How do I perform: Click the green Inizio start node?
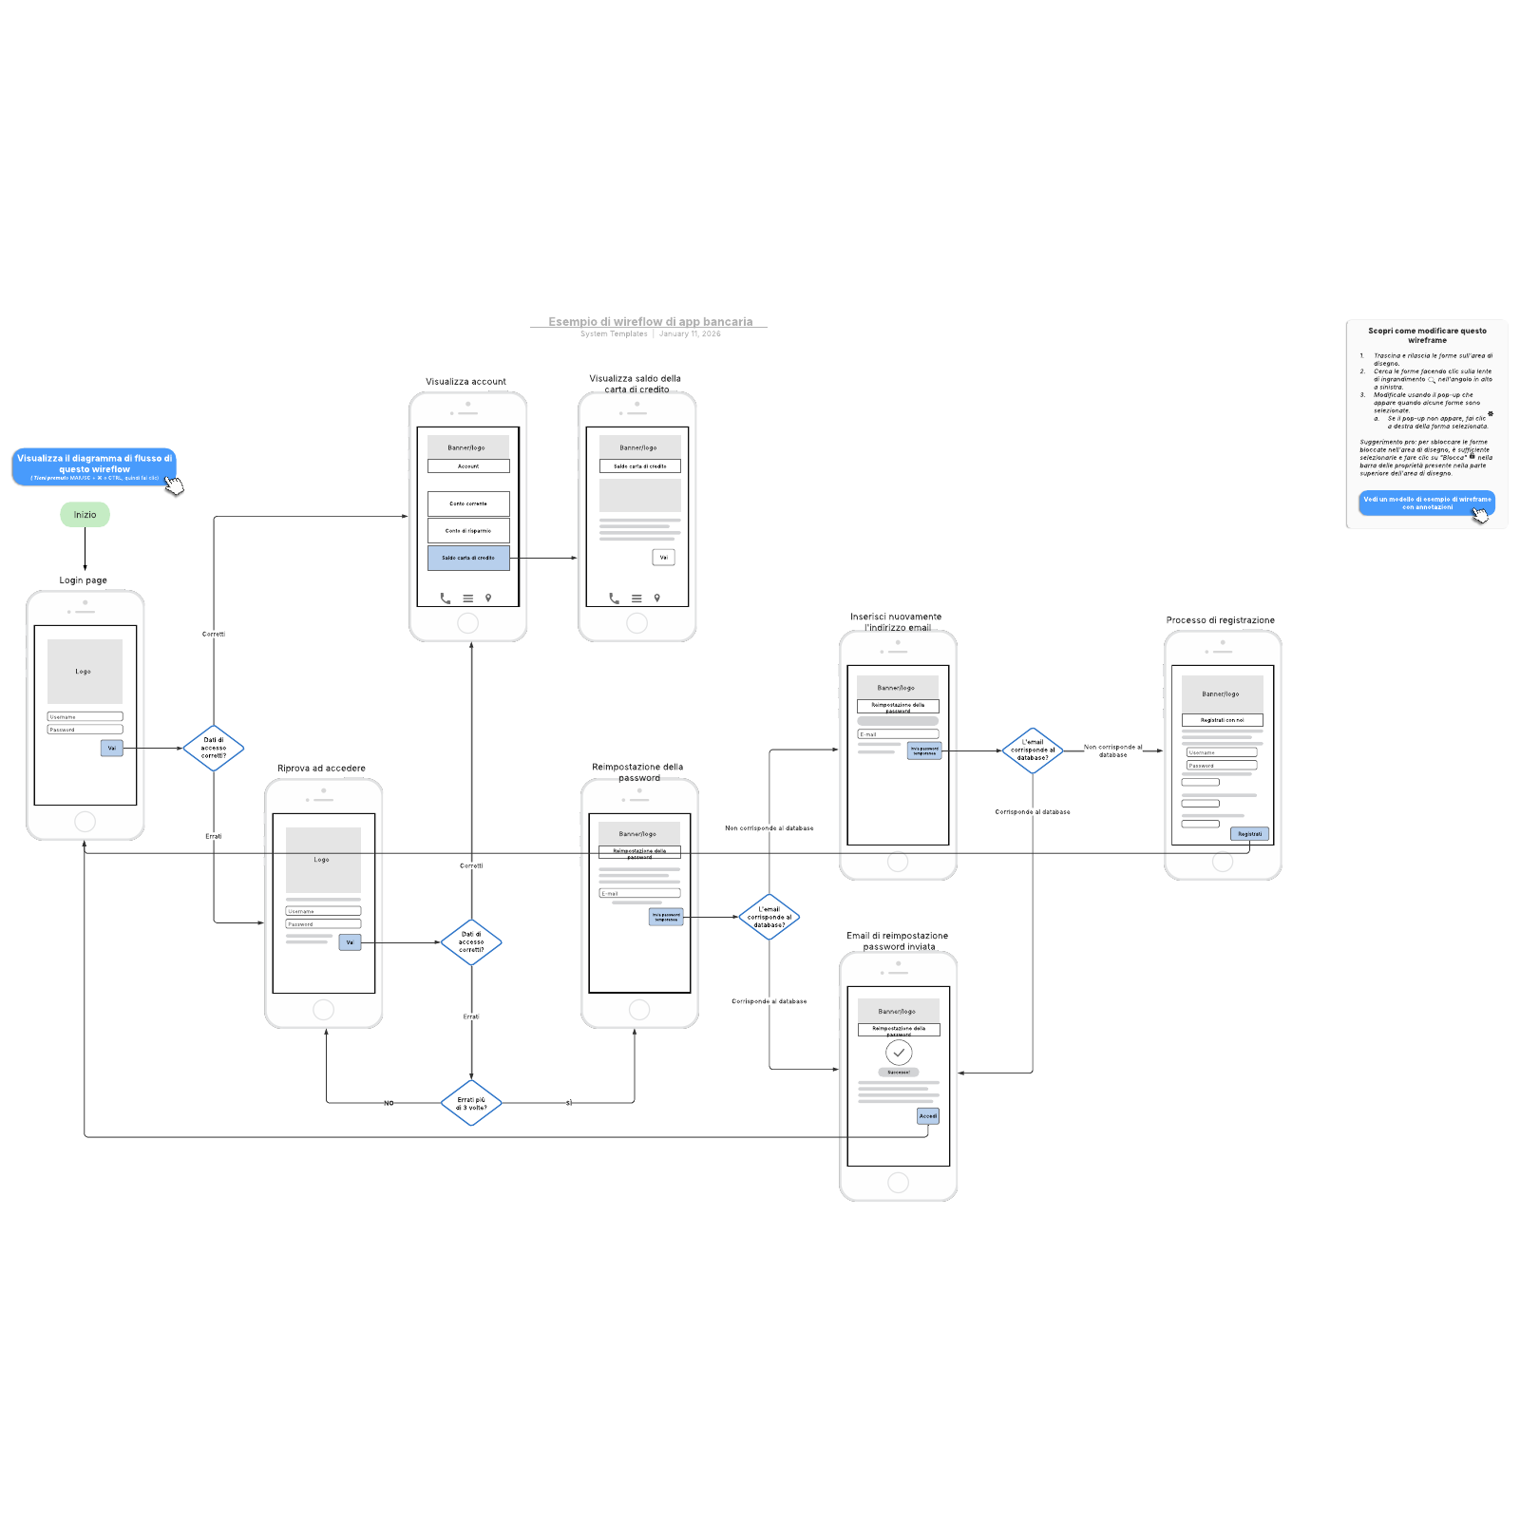[x=85, y=515]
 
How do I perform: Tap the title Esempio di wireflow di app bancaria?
[x=650, y=322]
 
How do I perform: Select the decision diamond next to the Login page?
[x=214, y=748]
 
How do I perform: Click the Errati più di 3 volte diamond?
[x=471, y=1103]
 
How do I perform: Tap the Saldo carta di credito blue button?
[x=468, y=558]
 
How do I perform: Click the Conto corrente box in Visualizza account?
[x=468, y=503]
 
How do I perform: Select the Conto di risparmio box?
[x=468, y=530]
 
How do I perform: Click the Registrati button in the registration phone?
[x=1249, y=834]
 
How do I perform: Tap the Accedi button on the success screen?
[x=928, y=1116]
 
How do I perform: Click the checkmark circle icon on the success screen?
[x=899, y=1053]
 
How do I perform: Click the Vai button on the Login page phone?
[x=112, y=749]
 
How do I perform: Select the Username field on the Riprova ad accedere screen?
[x=323, y=911]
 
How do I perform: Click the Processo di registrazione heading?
[x=1220, y=620]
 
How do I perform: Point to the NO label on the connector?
[x=389, y=1103]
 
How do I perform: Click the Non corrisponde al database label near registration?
[x=1113, y=750]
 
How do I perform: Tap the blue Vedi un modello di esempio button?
[x=1426, y=503]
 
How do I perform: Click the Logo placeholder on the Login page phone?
[x=85, y=671]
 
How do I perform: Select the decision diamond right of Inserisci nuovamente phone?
[x=1033, y=750]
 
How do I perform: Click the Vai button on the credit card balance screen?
[x=664, y=558]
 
